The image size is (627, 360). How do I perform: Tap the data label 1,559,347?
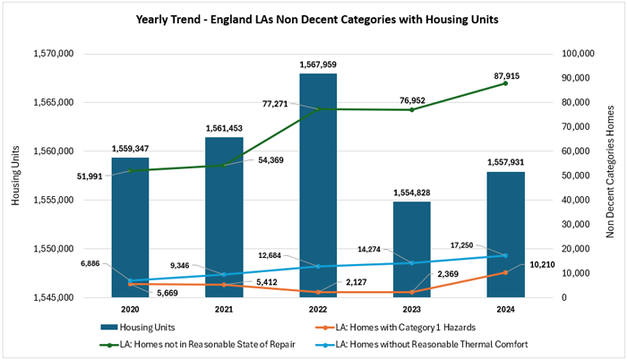pyautogui.click(x=130, y=149)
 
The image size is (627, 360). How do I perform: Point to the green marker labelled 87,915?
pyautogui.click(x=505, y=82)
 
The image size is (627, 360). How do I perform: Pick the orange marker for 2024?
pyautogui.click(x=505, y=272)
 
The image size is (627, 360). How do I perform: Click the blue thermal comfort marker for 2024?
pyautogui.click(x=505, y=255)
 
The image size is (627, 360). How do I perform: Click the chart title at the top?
pyautogui.click(x=313, y=18)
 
